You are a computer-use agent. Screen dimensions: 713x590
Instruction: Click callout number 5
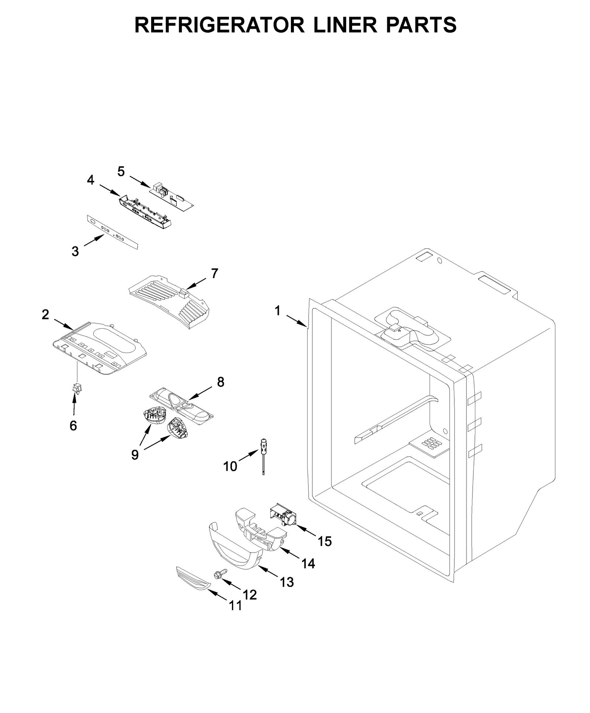click(x=121, y=172)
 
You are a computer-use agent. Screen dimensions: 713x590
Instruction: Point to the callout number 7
click(x=214, y=273)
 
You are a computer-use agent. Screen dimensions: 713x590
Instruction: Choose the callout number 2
click(x=45, y=314)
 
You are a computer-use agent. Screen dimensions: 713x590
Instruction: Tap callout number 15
click(x=325, y=541)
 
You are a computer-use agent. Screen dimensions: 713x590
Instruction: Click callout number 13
click(x=287, y=582)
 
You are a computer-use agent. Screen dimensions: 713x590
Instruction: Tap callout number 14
click(x=308, y=564)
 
